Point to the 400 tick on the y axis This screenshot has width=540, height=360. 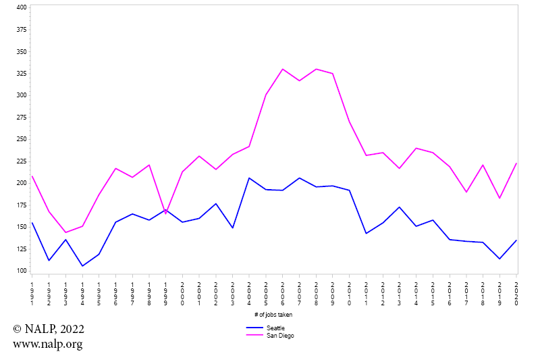coord(21,7)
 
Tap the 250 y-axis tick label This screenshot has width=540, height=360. coord(21,139)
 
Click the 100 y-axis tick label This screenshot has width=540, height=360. coord(21,271)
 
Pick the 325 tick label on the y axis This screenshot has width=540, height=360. coord(21,73)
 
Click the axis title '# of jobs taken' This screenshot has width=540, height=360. coord(273,314)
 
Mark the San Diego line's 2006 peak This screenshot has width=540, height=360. coord(283,69)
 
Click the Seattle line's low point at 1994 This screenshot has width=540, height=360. coord(82,266)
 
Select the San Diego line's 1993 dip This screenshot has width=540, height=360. coord(65,232)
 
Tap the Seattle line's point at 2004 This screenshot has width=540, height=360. coord(249,178)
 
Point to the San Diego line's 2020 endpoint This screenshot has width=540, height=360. coord(516,163)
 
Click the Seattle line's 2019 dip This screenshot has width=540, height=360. coord(500,259)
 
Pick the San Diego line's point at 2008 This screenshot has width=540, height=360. coord(316,69)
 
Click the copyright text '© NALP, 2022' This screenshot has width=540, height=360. coord(49,329)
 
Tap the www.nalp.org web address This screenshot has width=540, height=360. coord(47,344)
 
